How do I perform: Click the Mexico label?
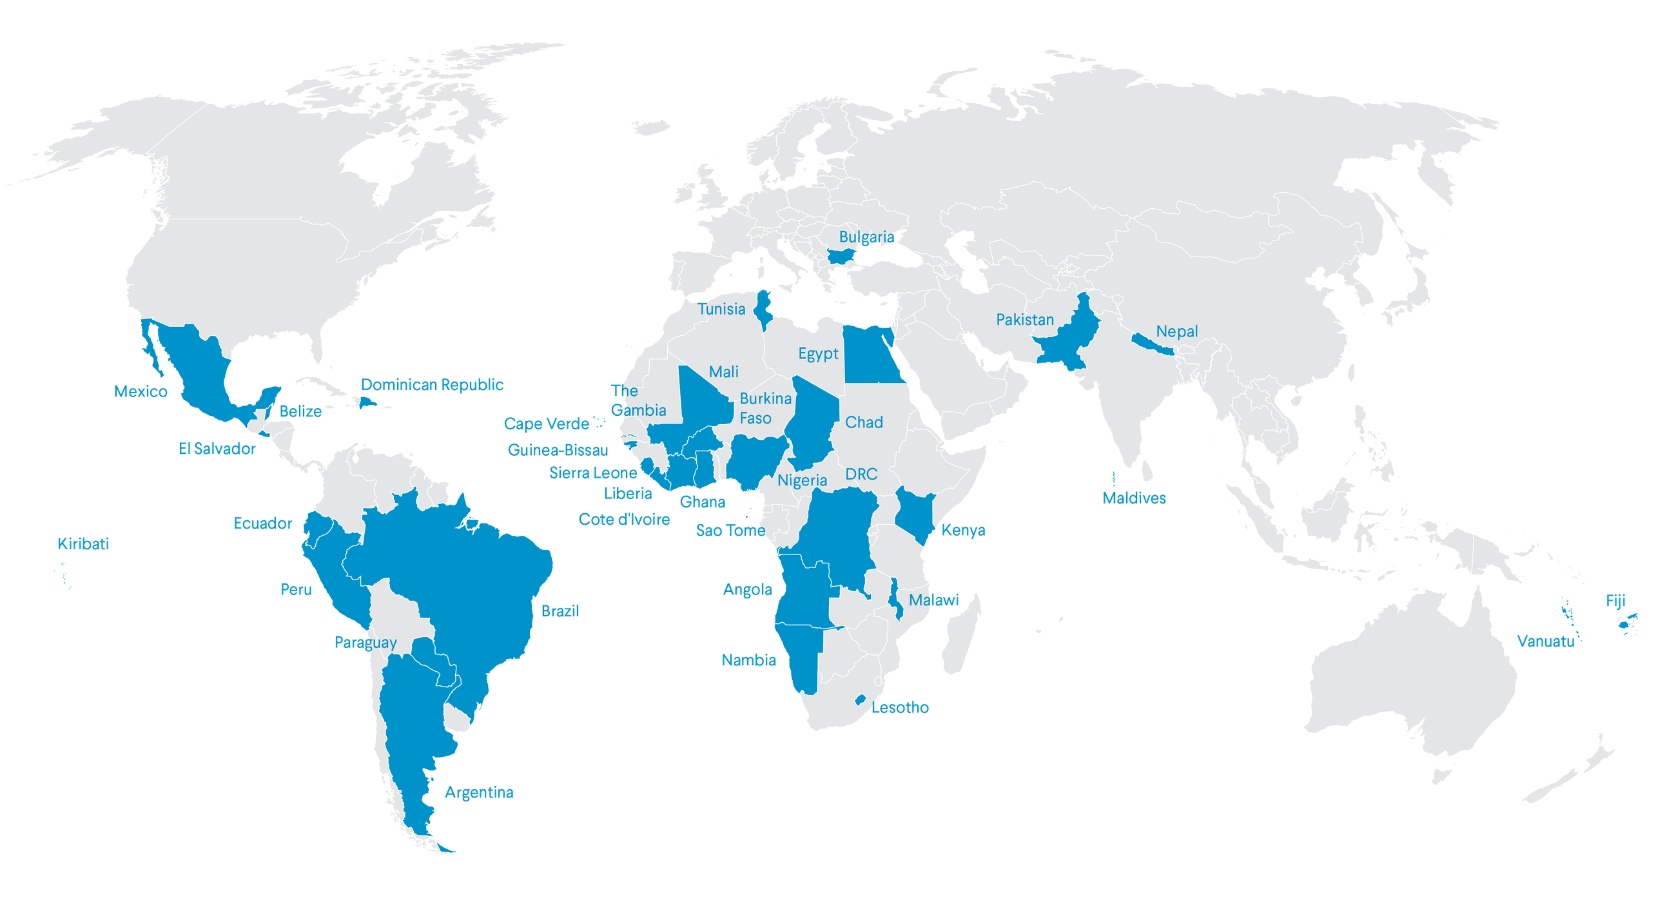click(141, 391)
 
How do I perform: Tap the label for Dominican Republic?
click(432, 385)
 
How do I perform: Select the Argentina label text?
click(479, 792)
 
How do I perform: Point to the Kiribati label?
click(83, 543)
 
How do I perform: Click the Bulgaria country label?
click(866, 237)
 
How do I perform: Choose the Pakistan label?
click(1025, 320)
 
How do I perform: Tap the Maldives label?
click(1134, 498)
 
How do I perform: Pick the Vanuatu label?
click(1546, 641)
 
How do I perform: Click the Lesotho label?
click(901, 707)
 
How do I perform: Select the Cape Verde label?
click(547, 424)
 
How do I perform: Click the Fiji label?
click(1615, 601)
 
